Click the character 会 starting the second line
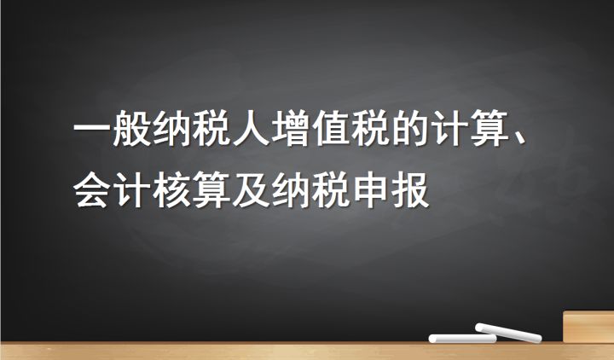click(x=92, y=189)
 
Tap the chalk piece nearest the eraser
click(x=508, y=331)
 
